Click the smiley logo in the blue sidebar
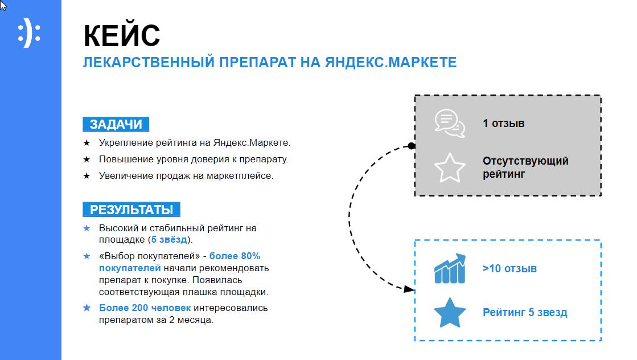tap(29, 33)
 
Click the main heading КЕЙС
tap(122, 36)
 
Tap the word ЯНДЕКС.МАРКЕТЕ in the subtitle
tap(391, 63)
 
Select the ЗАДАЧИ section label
tap(116, 124)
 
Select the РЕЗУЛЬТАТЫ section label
tap(131, 210)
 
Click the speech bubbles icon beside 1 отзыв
tap(450, 124)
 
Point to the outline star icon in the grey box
tap(450, 168)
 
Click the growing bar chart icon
tap(450, 269)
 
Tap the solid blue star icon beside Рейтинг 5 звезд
tap(450, 313)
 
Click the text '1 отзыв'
tap(503, 124)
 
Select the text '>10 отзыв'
tap(509, 269)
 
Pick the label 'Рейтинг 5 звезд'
tap(525, 313)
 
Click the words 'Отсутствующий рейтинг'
tap(525, 167)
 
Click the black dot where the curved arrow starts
tap(412, 146)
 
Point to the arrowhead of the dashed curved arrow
tap(409, 289)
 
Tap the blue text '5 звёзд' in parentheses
tap(169, 240)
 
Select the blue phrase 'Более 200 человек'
tap(145, 308)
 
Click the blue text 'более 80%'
tap(235, 256)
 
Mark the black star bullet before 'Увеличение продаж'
tap(87, 176)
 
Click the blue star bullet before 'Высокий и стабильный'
tap(87, 228)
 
